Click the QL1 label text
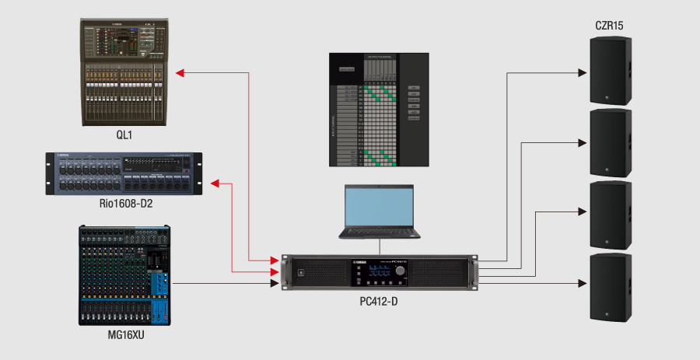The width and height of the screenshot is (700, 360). [124, 135]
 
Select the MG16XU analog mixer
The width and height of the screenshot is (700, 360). [124, 275]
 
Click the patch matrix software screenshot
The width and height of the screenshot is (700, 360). [378, 110]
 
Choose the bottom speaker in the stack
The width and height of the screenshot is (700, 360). [608, 287]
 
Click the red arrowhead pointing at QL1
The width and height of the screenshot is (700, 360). [180, 72]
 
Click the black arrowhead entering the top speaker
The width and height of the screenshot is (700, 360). [582, 73]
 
